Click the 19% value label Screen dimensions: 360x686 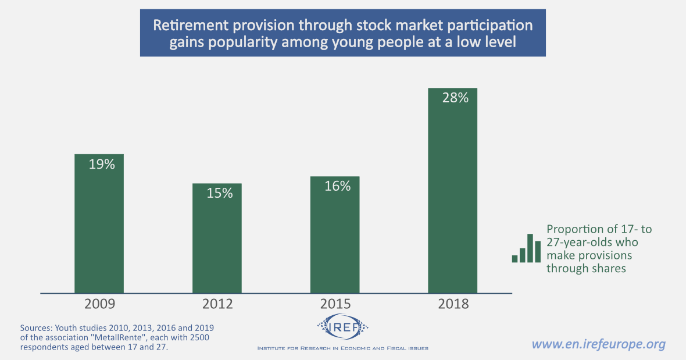(x=102, y=165)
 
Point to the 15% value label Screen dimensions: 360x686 (x=220, y=194)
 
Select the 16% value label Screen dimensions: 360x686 (x=337, y=186)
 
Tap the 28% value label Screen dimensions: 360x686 (x=455, y=98)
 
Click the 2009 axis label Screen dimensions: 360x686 (x=99, y=304)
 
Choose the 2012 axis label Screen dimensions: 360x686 (x=217, y=304)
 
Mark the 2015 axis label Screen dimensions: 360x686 (x=335, y=304)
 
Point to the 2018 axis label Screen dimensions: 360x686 (x=452, y=304)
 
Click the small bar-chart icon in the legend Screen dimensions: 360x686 (x=526, y=248)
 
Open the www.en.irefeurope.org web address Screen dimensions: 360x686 (x=598, y=344)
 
